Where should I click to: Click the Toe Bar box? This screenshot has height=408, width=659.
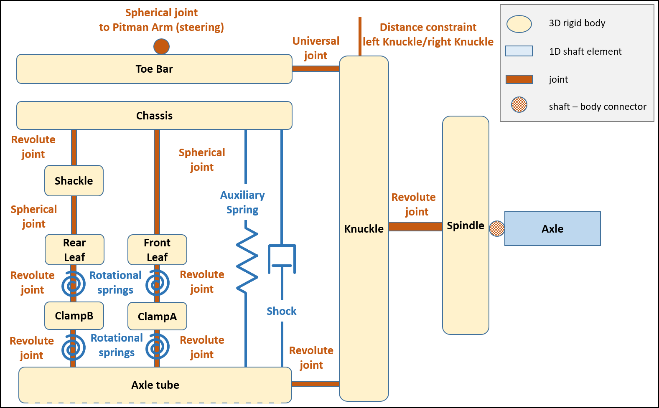pyautogui.click(x=154, y=69)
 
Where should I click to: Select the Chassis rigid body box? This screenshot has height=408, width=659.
pyautogui.click(x=154, y=115)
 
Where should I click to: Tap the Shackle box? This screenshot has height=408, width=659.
pyautogui.click(x=74, y=180)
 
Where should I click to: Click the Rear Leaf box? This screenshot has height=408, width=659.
pyautogui.click(x=74, y=250)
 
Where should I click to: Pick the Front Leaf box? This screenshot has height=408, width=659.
pyautogui.click(x=157, y=250)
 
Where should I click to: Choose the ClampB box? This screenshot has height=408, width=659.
pyautogui.click(x=74, y=316)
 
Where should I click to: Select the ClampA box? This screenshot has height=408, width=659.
pyautogui.click(x=157, y=316)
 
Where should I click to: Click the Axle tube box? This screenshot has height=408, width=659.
pyautogui.click(x=155, y=385)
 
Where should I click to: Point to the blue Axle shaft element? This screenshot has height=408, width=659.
pyautogui.click(x=552, y=228)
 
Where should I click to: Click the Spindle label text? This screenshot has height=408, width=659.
pyautogui.click(x=466, y=226)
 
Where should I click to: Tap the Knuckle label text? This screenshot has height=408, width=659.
pyautogui.click(x=364, y=229)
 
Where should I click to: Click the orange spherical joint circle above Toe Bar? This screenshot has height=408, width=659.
pyautogui.click(x=161, y=46)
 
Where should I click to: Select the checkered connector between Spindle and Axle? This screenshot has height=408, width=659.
pyautogui.click(x=497, y=228)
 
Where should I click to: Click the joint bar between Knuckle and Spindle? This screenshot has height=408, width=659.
pyautogui.click(x=415, y=226)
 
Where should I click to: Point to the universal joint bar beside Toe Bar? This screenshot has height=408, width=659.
pyautogui.click(x=316, y=68)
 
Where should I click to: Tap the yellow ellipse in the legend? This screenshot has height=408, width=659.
pyautogui.click(x=519, y=24)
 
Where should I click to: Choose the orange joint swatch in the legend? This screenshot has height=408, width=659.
pyautogui.click(x=519, y=79)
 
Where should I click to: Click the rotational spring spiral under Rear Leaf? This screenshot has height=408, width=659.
pyautogui.click(x=74, y=284)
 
